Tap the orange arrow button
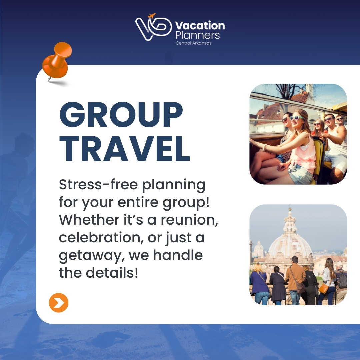point(59,303)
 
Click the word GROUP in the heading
point(121,114)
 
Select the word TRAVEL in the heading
point(125,149)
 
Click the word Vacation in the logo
point(200,25)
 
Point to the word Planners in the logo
point(198,35)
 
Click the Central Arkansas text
point(194,43)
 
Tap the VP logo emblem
point(153,27)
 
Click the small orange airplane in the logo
point(152,16)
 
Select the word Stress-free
point(98,184)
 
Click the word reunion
point(189,220)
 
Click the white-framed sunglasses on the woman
point(296,118)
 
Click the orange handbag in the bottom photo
point(323,288)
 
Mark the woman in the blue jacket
point(259,284)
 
